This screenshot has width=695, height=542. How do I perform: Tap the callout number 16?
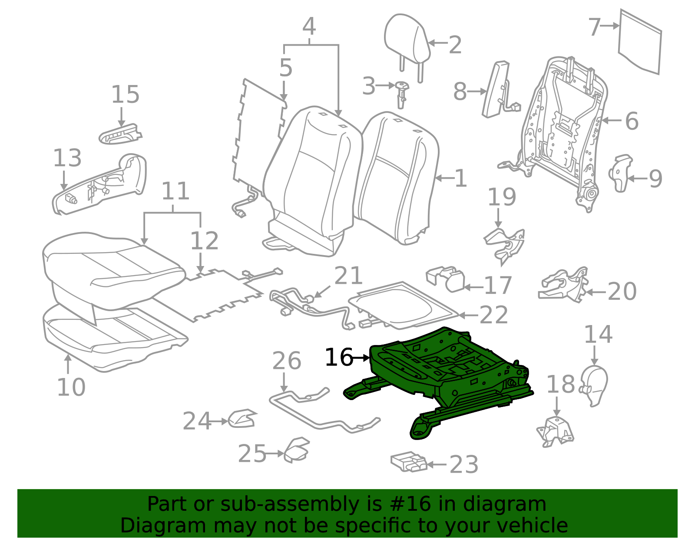pos(338,357)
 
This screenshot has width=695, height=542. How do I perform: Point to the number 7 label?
pos(595,27)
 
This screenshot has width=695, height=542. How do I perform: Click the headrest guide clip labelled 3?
pos(402,94)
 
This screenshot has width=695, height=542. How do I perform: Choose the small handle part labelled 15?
pos(120,134)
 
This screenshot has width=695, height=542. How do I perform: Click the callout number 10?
pos(71,388)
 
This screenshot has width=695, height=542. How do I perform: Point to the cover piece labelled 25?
pos(297,450)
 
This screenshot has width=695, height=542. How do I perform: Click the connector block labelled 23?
pos(409,462)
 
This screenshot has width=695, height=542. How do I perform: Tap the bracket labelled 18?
pos(555,432)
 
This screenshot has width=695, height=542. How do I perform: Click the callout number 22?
pos(493,315)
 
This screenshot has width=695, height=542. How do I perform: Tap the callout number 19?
pos(502,197)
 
